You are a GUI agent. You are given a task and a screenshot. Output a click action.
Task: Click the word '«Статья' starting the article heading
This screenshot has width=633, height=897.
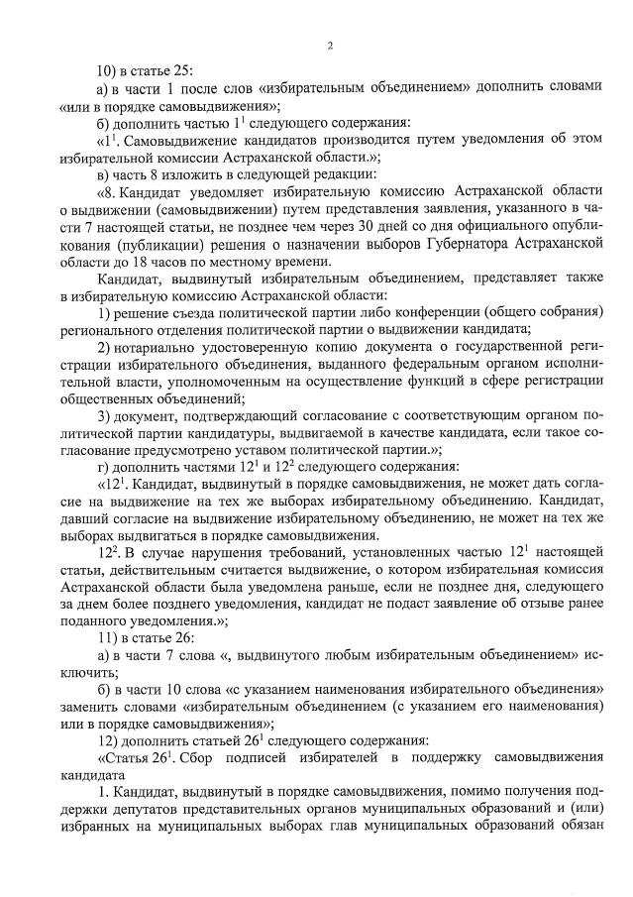(126, 758)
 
